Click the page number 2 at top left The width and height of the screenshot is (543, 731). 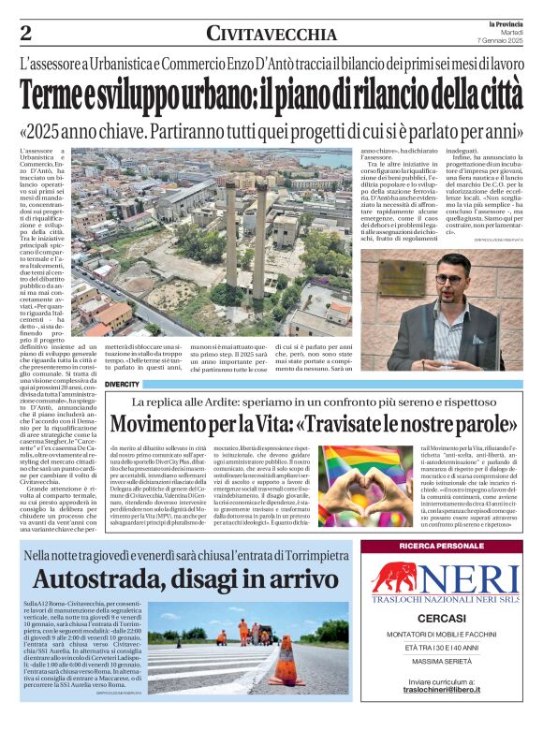click(x=25, y=34)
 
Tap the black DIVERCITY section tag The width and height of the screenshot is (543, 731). click(x=123, y=385)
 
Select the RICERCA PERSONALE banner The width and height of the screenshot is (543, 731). click(x=440, y=546)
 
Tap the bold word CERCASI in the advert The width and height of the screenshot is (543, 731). click(x=440, y=620)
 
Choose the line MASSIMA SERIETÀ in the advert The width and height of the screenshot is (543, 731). click(x=440, y=666)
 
